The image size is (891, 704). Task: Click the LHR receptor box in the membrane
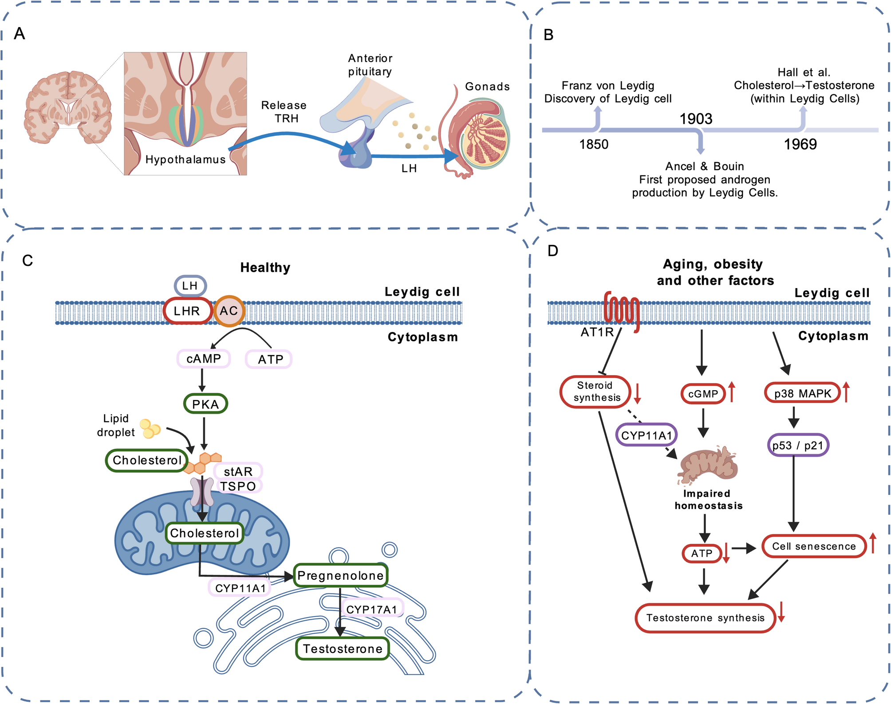[x=187, y=311]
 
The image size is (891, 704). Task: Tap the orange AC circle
[x=229, y=311]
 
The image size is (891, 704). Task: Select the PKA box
[x=205, y=404]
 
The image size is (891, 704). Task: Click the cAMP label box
[x=204, y=359]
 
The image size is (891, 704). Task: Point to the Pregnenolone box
[x=340, y=576]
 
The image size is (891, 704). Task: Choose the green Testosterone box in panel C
[x=342, y=649]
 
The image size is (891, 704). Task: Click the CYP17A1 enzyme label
[x=371, y=609]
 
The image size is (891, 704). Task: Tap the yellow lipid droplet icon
[x=150, y=428]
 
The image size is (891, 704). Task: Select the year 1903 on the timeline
[x=696, y=119]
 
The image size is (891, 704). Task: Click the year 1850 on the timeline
[x=594, y=144]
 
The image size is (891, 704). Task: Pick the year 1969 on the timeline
[x=800, y=144]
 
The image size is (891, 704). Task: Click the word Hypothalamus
[x=185, y=159]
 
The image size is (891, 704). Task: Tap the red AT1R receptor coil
[x=622, y=310]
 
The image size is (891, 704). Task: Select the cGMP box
[x=703, y=394]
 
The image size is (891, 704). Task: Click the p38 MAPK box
[x=802, y=393]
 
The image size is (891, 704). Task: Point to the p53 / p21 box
[x=797, y=445]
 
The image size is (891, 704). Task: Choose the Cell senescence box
[x=814, y=546]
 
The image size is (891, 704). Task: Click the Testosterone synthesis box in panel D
[x=705, y=618]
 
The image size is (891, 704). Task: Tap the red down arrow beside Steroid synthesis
[x=638, y=393]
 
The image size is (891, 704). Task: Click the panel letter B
[x=548, y=35]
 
